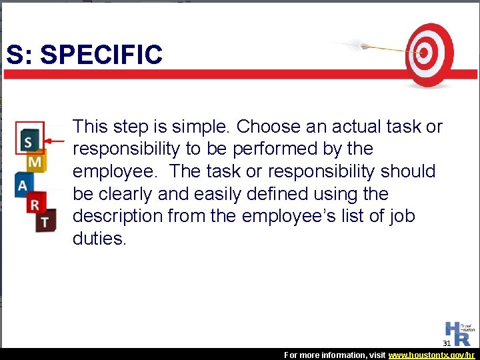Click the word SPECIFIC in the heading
click(101, 55)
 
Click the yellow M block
click(35, 162)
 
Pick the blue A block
click(23, 184)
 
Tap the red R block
click(35, 204)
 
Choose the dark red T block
click(45, 221)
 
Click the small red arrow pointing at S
click(56, 141)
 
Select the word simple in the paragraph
click(194, 126)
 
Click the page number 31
click(447, 343)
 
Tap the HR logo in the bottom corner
click(459, 333)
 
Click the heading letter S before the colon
click(15, 55)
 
